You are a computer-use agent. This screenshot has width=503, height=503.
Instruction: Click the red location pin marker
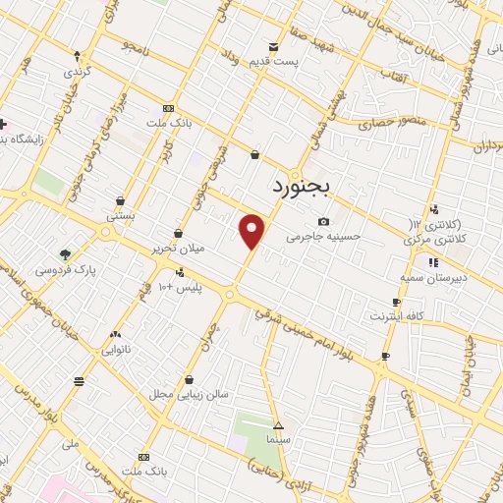click(x=252, y=231)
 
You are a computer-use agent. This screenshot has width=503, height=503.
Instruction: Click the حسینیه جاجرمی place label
click(x=324, y=236)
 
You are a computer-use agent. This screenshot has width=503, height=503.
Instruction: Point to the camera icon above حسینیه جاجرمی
click(x=323, y=221)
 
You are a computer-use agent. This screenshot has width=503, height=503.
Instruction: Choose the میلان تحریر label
click(x=177, y=248)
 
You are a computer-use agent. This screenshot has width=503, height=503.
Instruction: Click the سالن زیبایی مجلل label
click(x=195, y=394)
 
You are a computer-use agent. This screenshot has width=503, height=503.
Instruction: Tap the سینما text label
click(x=279, y=439)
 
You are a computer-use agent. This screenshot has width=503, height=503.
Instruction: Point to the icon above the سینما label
click(x=279, y=425)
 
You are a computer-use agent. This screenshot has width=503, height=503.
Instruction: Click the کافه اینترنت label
click(x=395, y=316)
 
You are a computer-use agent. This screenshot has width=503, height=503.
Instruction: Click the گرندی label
click(x=77, y=72)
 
